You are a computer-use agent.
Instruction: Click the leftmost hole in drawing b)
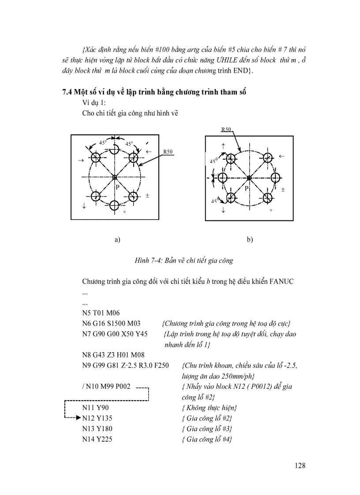tap(222, 178)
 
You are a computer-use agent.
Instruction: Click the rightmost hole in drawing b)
tap(276, 178)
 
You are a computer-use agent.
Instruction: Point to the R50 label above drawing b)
tap(226, 130)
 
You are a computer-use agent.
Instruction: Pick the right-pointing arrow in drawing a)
tap(81, 160)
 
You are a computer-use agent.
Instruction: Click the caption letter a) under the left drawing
tap(117, 240)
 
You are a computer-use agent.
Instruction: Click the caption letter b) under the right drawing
tap(250, 240)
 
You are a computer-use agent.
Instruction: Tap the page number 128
tap(300, 465)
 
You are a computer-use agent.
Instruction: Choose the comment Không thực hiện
tap(209, 407)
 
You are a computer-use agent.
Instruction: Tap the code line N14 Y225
tap(97, 439)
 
